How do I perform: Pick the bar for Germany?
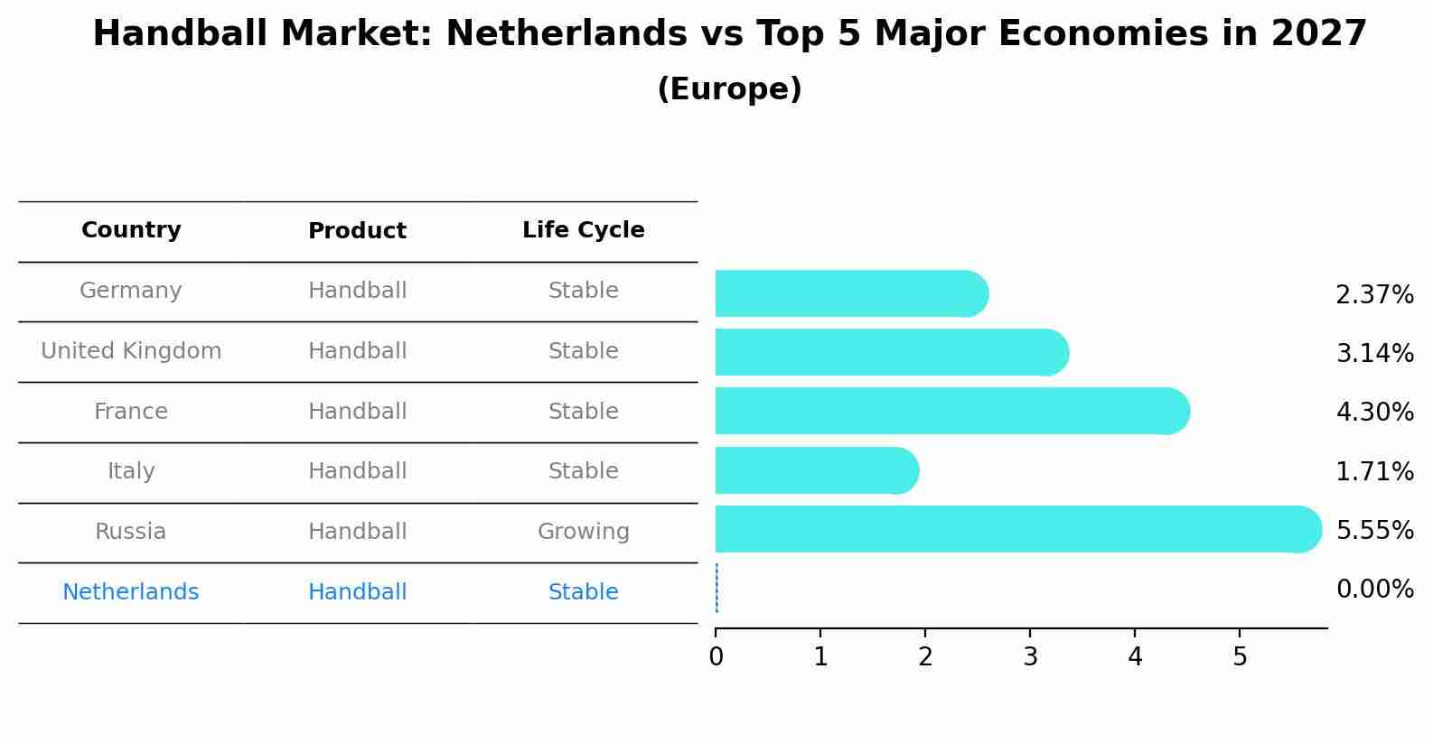pyautogui.click(x=850, y=293)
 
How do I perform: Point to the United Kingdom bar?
pyautogui.click(x=891, y=352)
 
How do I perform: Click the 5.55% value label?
pyautogui.click(x=1374, y=530)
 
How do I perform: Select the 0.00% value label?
pyautogui.click(x=1374, y=590)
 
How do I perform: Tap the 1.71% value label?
pyautogui.click(x=1374, y=471)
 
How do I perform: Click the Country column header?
pyautogui.click(x=131, y=230)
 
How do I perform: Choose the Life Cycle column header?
pyautogui.click(x=583, y=230)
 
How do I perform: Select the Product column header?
pyautogui.click(x=357, y=231)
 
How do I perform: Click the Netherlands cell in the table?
pyautogui.click(x=131, y=592)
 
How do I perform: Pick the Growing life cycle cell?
pyautogui.click(x=583, y=532)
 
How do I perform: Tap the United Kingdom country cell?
pyautogui.click(x=131, y=351)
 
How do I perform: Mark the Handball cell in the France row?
pyautogui.click(x=357, y=412)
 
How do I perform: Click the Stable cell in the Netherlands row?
pyautogui.click(x=583, y=592)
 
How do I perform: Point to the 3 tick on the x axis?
pyautogui.click(x=1030, y=657)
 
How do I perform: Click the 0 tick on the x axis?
pyautogui.click(x=716, y=657)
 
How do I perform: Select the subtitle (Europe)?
pyautogui.click(x=729, y=89)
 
